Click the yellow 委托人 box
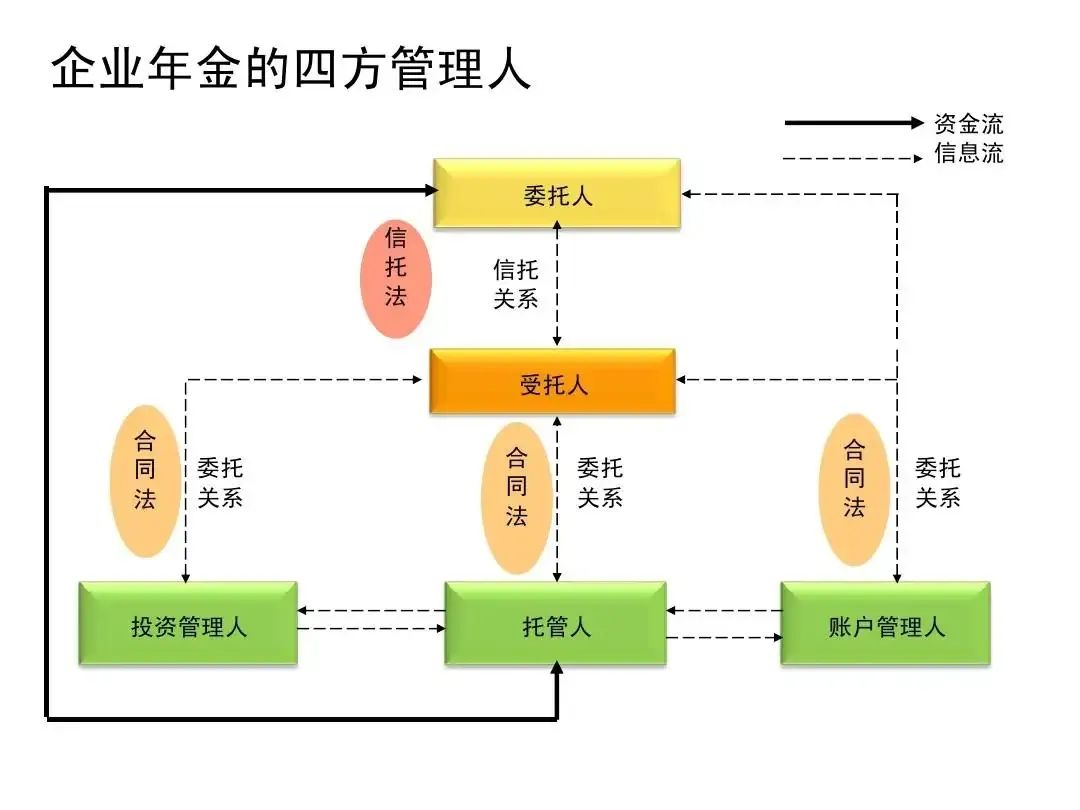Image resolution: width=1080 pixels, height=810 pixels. [556, 194]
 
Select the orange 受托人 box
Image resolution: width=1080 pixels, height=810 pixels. [553, 382]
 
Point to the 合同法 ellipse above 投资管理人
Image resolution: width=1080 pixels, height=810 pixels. [145, 481]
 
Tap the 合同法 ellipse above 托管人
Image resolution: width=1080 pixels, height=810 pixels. [516, 497]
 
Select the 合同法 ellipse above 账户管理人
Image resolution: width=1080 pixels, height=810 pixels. [853, 489]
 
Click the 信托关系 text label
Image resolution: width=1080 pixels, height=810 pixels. [516, 283]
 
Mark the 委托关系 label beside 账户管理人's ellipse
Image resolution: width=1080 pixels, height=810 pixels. [938, 482]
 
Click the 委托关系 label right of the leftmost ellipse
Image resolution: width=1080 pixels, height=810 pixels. [220, 482]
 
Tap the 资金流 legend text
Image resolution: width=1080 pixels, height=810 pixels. [968, 123]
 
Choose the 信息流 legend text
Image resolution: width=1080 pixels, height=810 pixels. [968, 153]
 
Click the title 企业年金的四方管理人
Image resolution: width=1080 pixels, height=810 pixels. [290, 69]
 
